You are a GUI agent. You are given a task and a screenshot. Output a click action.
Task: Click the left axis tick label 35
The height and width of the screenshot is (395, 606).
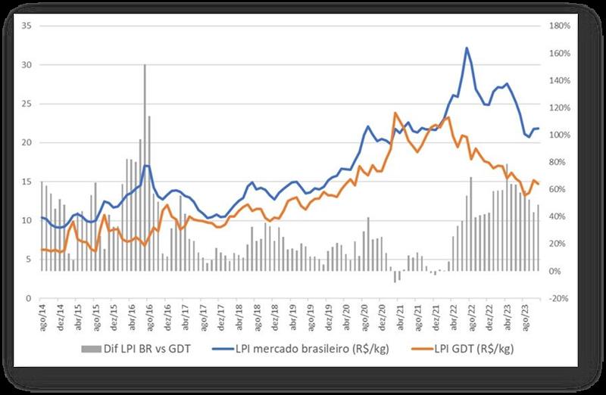(27, 26)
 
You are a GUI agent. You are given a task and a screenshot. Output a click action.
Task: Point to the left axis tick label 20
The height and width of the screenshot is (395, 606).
(27, 142)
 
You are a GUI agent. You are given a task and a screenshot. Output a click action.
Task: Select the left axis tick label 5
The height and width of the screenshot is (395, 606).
(30, 259)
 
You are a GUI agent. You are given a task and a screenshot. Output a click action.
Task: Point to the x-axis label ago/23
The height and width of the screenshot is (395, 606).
(525, 316)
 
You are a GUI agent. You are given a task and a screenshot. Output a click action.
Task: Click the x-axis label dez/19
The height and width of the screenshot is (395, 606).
(328, 316)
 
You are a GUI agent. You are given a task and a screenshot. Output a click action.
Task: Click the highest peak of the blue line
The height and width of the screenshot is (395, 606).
(467, 48)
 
